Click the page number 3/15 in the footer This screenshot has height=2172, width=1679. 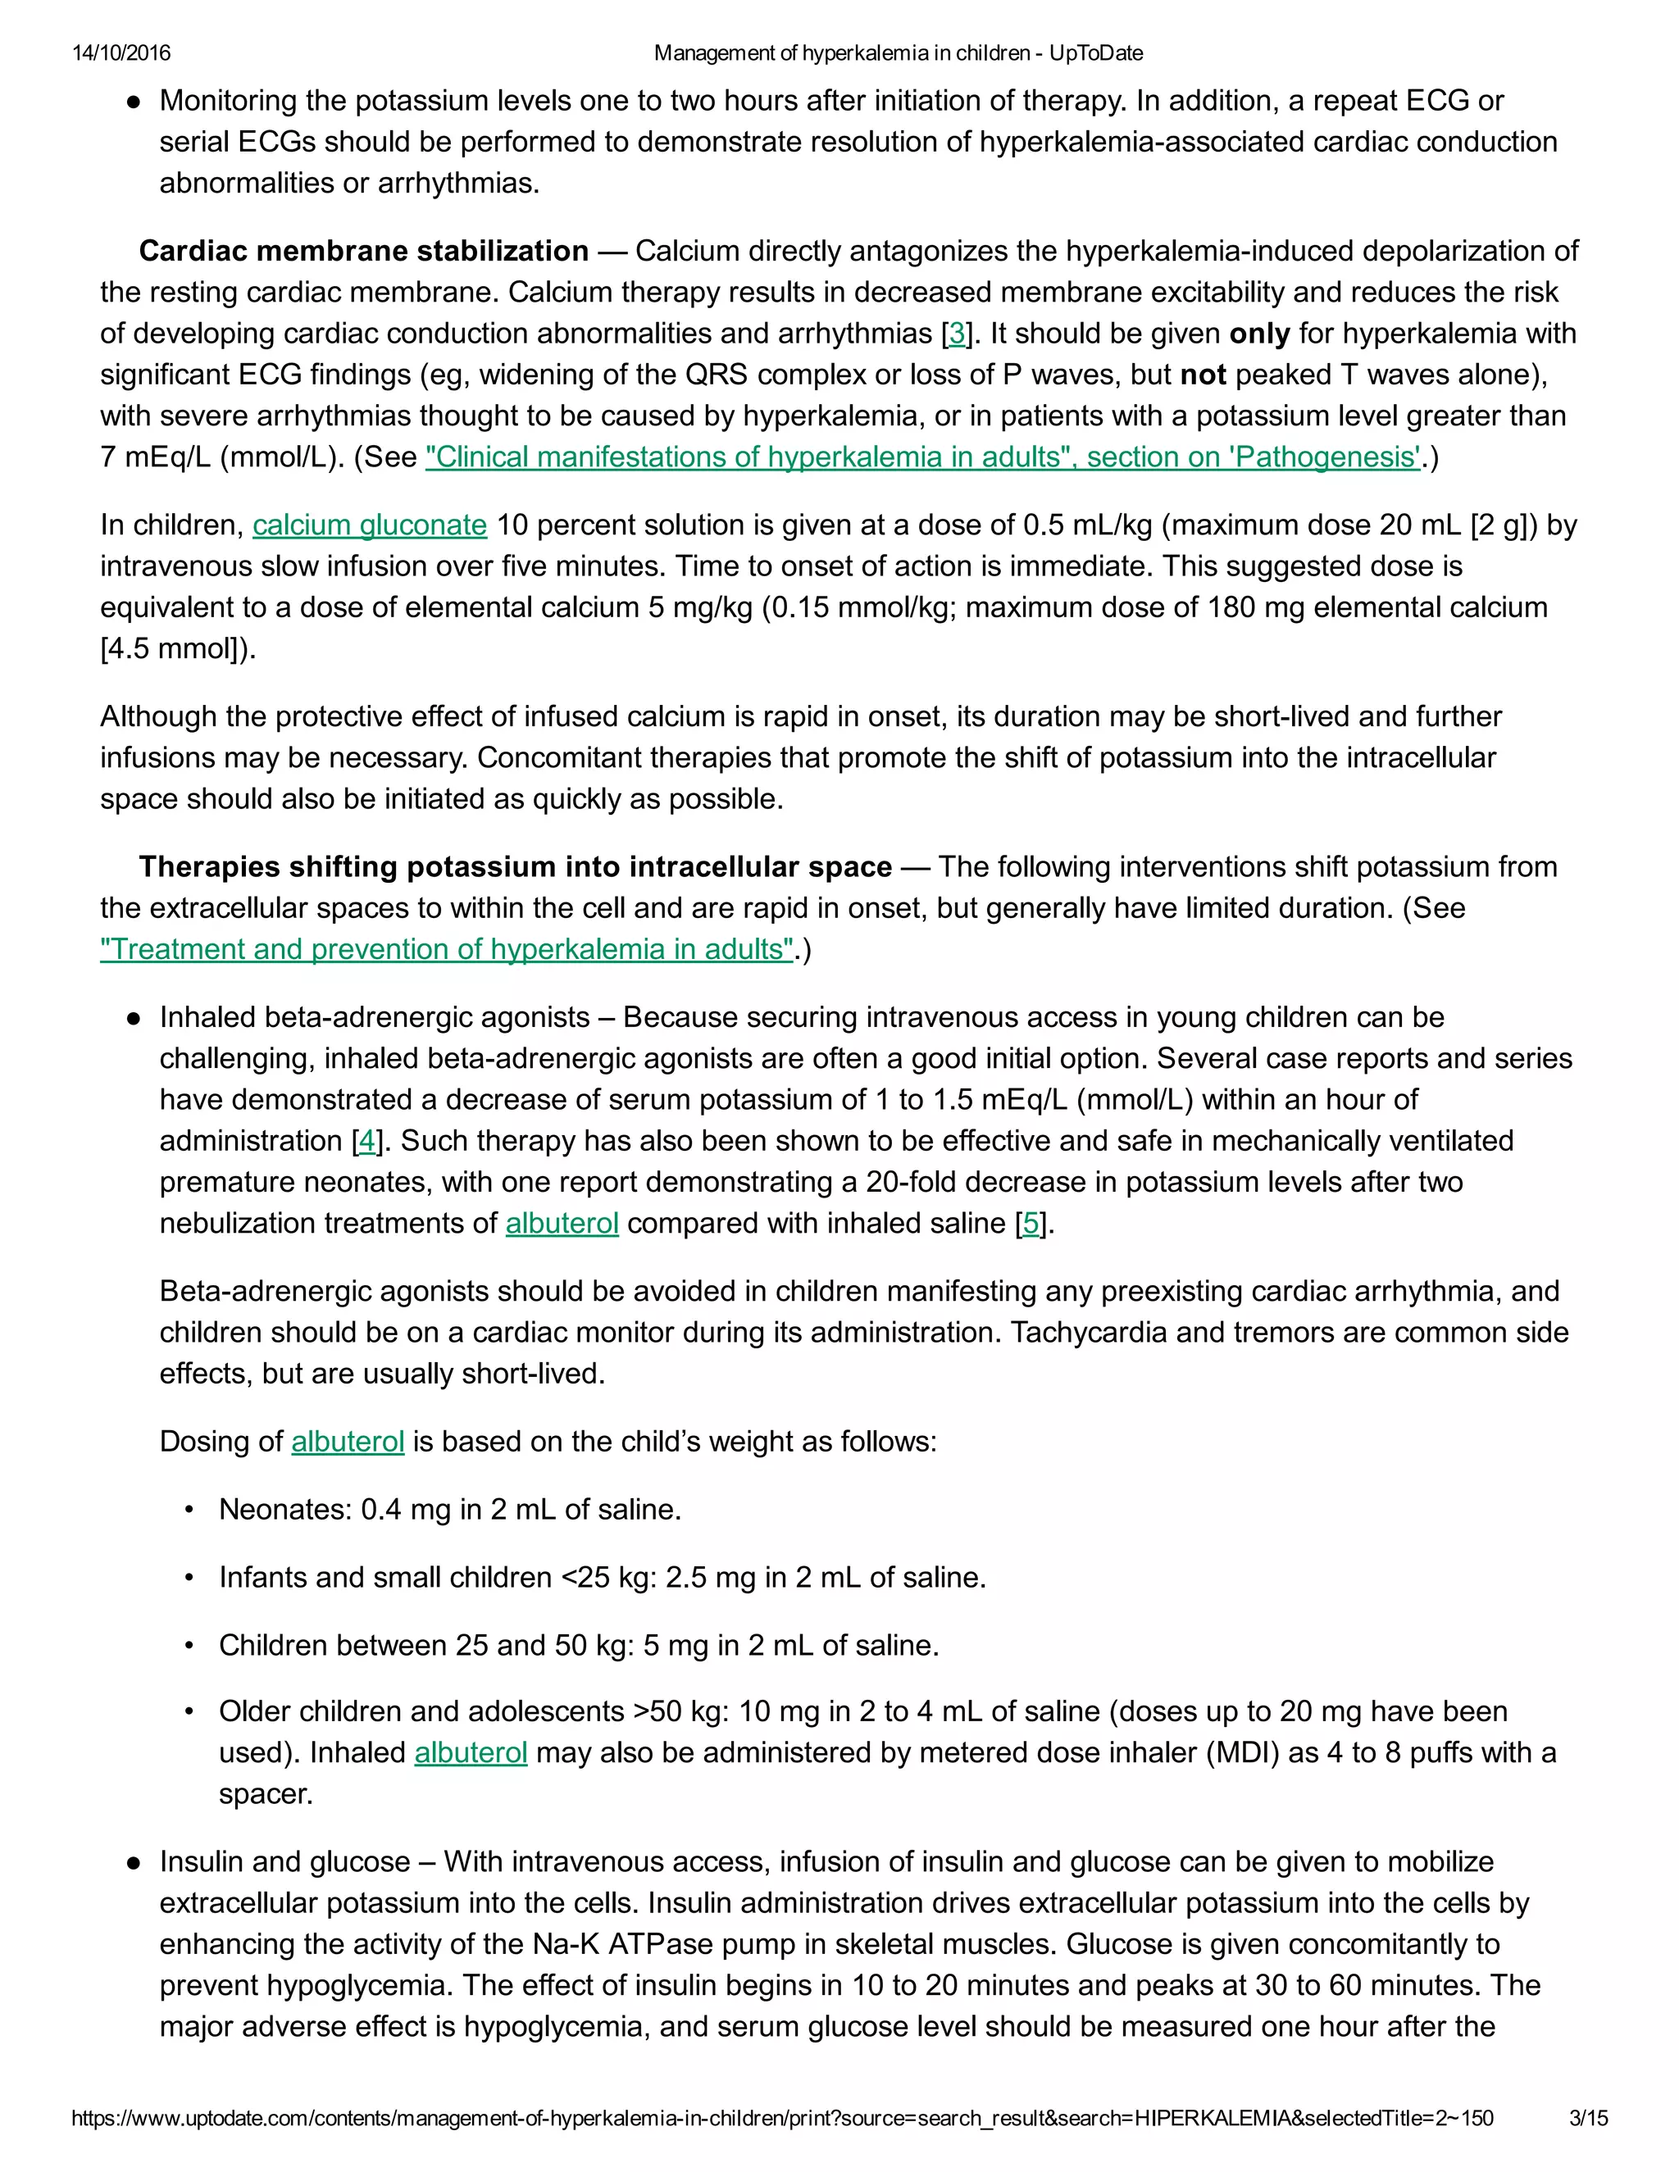click(x=1587, y=2118)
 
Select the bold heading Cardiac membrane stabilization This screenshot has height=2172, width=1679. click(x=363, y=251)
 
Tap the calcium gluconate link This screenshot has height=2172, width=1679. click(x=369, y=525)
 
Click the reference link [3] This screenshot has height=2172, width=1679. click(x=956, y=333)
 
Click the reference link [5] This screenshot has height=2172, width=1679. click(x=1031, y=1223)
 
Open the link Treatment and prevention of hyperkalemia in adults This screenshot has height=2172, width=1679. click(x=447, y=949)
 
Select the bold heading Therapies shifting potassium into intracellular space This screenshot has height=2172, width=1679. click(x=514, y=866)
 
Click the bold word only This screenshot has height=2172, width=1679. click(x=1259, y=333)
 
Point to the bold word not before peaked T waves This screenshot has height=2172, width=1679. click(x=1203, y=375)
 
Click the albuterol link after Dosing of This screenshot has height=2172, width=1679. click(x=347, y=1441)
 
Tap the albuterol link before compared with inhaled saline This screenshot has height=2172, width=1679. click(x=562, y=1223)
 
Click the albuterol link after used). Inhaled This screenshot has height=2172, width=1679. click(x=471, y=1752)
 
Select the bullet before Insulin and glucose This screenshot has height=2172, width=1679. click(x=132, y=1861)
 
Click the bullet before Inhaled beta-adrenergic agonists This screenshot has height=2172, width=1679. click(x=132, y=1018)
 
